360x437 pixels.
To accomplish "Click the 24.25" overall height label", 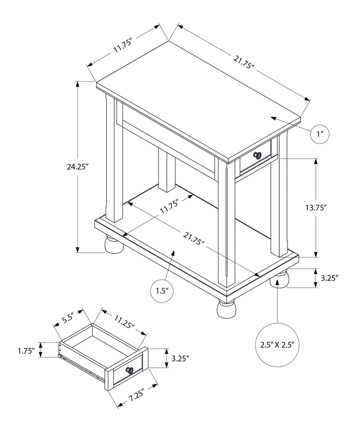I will pos(78,166).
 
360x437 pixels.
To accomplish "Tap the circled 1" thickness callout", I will pos(320,134).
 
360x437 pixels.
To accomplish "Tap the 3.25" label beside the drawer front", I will pos(180,358).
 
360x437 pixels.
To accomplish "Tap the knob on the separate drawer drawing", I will pos(129,370).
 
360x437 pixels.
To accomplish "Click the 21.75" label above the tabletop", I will pos(243,62).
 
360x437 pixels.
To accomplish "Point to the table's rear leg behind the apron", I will pos(166,171).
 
